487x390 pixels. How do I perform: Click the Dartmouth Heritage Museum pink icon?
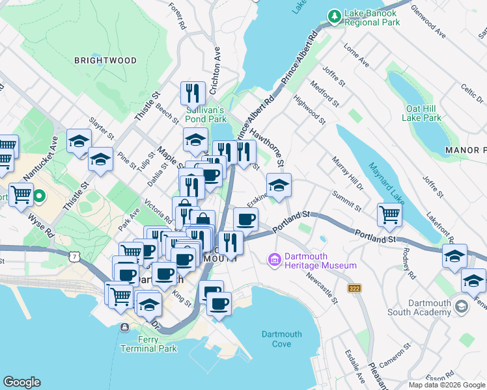[x=273, y=260]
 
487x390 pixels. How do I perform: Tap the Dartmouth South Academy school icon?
[x=461, y=305]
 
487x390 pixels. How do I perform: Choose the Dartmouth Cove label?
[x=282, y=339]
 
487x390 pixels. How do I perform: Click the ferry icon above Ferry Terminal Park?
[x=124, y=327]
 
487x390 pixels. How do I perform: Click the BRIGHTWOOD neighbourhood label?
[x=105, y=60]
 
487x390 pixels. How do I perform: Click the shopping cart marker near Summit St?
[x=389, y=214]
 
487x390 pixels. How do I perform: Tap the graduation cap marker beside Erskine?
[x=279, y=186]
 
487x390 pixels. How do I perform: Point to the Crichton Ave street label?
[x=217, y=65]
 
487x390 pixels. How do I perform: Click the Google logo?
[x=21, y=382]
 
